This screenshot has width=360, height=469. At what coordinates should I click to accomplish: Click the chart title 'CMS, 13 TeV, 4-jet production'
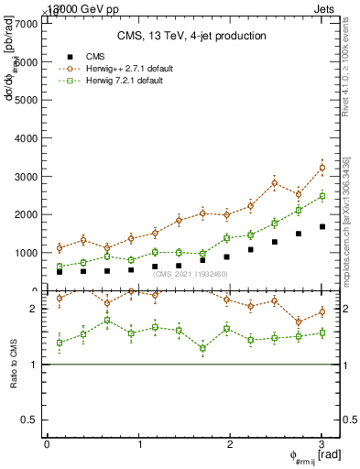tap(191, 37)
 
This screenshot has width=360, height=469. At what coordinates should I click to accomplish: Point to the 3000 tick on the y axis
tap(29, 176)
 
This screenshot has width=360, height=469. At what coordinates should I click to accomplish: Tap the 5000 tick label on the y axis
tap(29, 100)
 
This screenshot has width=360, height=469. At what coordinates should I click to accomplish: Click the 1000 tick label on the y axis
tap(29, 253)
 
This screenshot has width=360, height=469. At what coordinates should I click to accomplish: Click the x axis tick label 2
tap(231, 444)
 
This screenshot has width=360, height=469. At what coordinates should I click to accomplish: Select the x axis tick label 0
tap(47, 444)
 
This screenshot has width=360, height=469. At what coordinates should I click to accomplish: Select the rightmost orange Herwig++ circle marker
tap(322, 168)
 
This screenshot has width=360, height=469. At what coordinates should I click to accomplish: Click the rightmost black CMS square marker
tap(322, 226)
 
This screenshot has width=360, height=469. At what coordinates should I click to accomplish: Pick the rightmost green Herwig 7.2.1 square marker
tap(322, 196)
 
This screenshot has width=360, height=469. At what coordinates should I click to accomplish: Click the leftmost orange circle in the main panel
tap(60, 248)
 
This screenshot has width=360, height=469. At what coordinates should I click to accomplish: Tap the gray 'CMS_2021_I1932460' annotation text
tap(191, 274)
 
